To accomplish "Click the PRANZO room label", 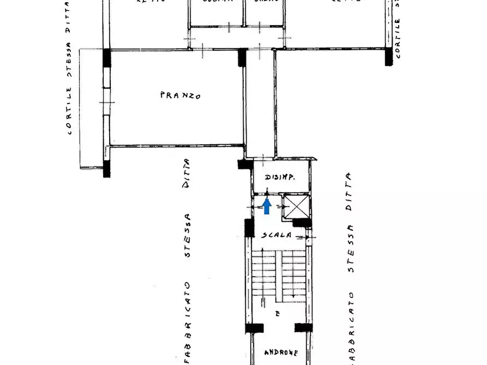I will [x=180, y=95].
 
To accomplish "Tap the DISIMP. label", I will [x=280, y=177].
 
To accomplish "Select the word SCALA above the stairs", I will [x=275, y=235].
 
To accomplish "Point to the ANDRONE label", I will [x=281, y=352].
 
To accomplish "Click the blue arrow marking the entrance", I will [x=267, y=206].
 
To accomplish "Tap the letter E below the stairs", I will [x=278, y=314].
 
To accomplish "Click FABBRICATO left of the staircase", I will [x=187, y=321].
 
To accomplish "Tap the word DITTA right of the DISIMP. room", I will [x=348, y=188].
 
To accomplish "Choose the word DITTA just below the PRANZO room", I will [x=187, y=173].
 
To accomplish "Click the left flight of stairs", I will [x=263, y=275].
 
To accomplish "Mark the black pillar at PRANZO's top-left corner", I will [x=107, y=57].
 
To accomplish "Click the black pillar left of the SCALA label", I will [x=249, y=228].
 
